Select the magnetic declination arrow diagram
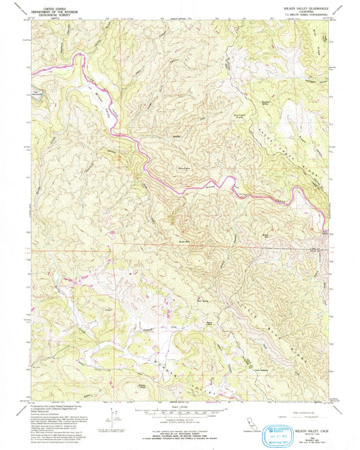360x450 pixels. click(x=111, y=414)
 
